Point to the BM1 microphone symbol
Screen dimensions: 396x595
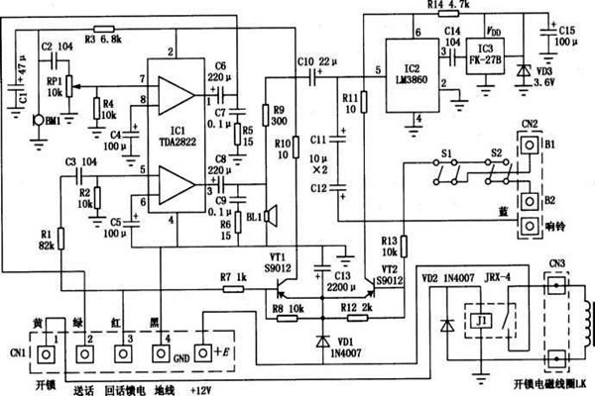pyautogui.click(x=36, y=121)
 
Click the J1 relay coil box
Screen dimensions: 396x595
pyautogui.click(x=480, y=320)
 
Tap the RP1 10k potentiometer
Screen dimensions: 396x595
pyautogui.click(x=67, y=91)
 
